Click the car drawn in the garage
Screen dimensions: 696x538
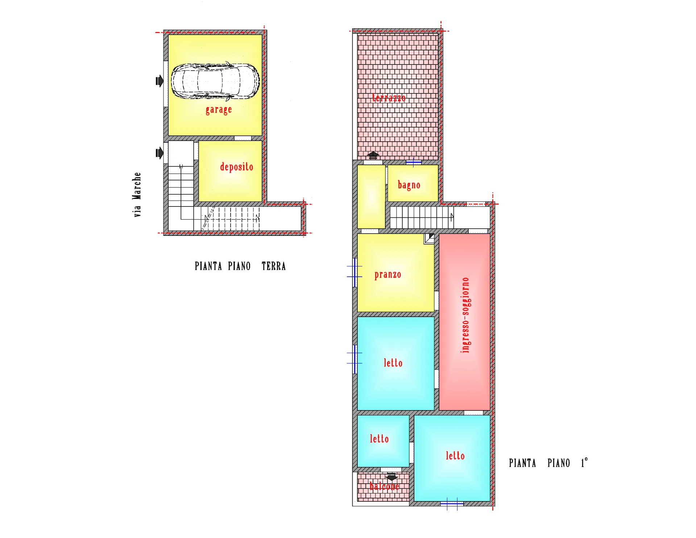(215, 81)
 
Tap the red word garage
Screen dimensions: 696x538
(219, 109)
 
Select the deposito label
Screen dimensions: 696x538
(236, 167)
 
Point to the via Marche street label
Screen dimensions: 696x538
(137, 195)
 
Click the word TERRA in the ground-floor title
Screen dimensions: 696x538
(274, 266)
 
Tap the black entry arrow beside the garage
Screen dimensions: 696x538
(159, 81)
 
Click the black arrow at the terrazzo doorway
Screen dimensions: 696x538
(373, 155)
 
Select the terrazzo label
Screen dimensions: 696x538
(389, 98)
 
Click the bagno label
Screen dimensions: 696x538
(409, 185)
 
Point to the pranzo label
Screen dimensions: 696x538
(388, 275)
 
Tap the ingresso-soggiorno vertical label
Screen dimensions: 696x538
(465, 315)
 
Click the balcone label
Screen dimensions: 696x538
(384, 486)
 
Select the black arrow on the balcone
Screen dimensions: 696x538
(391, 476)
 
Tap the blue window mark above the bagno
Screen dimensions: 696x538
(413, 162)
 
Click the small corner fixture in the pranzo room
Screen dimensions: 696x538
(429, 238)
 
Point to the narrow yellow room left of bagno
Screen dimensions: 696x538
(371, 197)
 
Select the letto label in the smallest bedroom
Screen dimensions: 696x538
(379, 439)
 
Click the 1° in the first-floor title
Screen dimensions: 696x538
(584, 463)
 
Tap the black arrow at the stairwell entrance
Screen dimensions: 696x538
(159, 153)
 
